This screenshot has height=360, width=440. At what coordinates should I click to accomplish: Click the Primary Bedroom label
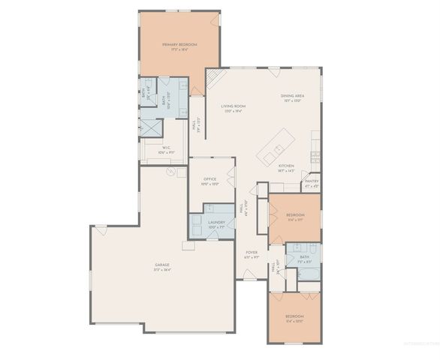tap(179, 45)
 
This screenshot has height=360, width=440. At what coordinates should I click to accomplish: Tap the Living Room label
tap(234, 107)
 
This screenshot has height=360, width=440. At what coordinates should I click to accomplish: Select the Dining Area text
tap(292, 96)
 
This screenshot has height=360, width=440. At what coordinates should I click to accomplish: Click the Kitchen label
tap(285, 166)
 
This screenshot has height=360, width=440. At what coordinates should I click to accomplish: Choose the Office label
tap(210, 180)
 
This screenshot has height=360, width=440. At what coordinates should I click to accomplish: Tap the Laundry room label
tap(217, 223)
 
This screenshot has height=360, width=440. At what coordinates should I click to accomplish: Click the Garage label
tap(162, 265)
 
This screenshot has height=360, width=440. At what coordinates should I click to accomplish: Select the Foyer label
tap(251, 254)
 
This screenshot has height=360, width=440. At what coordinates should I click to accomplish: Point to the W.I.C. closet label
tap(167, 148)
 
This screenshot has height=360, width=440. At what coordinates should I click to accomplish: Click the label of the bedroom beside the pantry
tap(294, 217)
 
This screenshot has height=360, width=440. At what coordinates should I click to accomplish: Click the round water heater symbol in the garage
tap(171, 172)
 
